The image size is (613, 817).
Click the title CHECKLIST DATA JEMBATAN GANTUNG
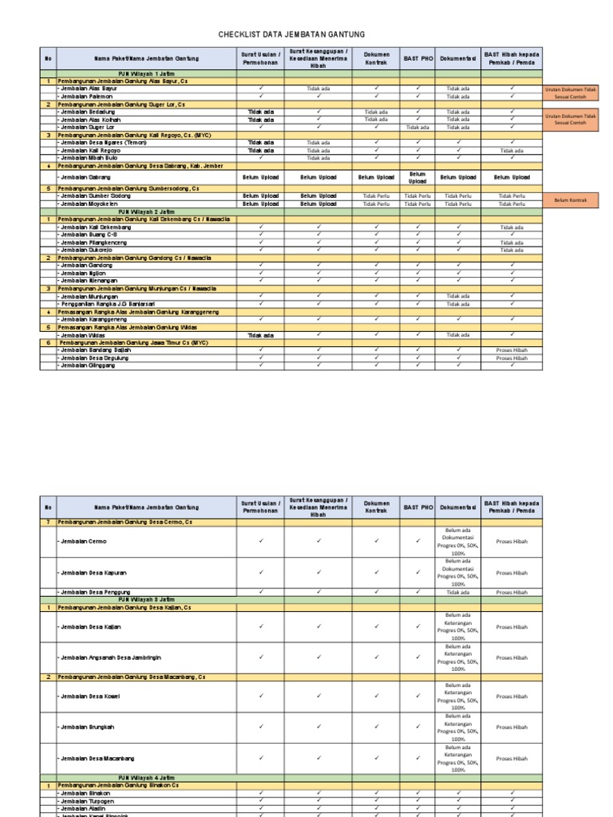pyautogui.click(x=291, y=34)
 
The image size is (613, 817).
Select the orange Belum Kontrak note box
pyautogui.click(x=570, y=200)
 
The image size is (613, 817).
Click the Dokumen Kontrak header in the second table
pyautogui.click(x=376, y=507)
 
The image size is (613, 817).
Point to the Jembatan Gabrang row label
pyautogui.click(x=84, y=177)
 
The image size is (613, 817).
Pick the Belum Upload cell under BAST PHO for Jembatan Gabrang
pyautogui.click(x=417, y=177)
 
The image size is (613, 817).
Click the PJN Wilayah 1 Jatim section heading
pyautogui.click(x=146, y=73)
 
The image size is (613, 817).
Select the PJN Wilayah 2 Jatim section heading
pyautogui.click(x=146, y=211)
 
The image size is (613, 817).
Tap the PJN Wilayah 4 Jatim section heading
pyautogui.click(x=146, y=777)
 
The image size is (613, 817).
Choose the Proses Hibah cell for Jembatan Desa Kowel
pyautogui.click(x=512, y=697)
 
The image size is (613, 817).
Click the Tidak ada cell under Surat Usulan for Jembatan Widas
pyautogui.click(x=260, y=335)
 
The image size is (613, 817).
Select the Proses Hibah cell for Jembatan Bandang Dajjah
pyautogui.click(x=512, y=350)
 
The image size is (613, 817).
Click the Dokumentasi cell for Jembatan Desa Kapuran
pyautogui.click(x=458, y=573)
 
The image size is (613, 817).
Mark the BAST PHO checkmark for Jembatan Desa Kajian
pyautogui.click(x=417, y=627)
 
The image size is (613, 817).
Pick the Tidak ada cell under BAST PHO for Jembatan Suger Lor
pyautogui.click(x=417, y=127)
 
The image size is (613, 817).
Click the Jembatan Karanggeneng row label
pyautogui.click(x=93, y=319)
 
